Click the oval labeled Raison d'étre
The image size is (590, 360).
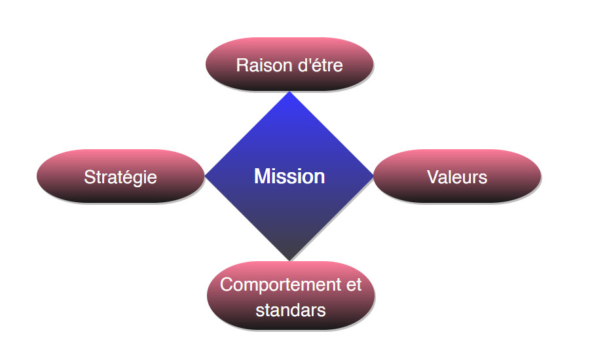point(289,64)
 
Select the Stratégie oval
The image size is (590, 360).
point(120,176)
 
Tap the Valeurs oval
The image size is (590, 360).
point(457,176)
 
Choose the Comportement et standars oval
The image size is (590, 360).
point(291,297)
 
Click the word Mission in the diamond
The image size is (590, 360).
point(289,176)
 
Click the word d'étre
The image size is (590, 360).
point(319,65)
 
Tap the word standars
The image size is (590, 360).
point(291,310)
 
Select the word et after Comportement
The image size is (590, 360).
point(353,285)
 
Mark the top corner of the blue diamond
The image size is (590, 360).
point(289,93)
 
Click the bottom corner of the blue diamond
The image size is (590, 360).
point(289,259)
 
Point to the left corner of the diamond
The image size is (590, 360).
point(206,176)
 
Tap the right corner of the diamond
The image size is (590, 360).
point(373,176)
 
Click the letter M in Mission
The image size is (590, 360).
point(261,176)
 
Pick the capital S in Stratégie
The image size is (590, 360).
point(89,177)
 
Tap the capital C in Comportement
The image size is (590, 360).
point(227,285)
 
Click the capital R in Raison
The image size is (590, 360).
point(242,65)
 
